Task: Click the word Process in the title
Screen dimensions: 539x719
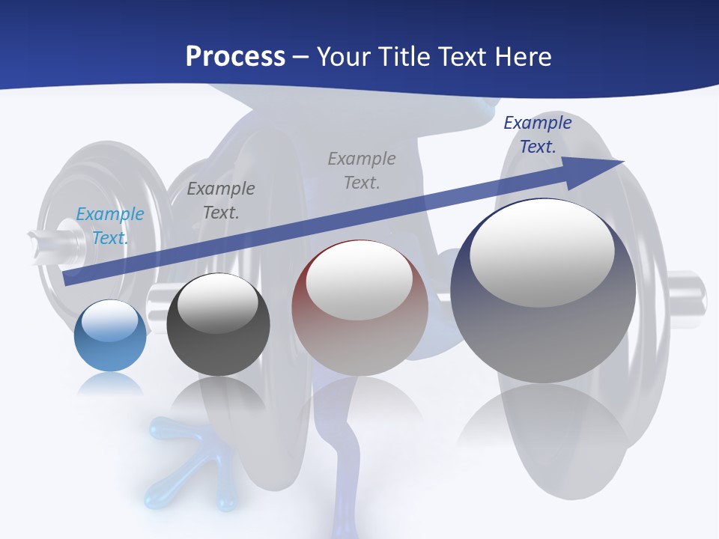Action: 235,57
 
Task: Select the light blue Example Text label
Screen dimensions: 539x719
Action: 110,225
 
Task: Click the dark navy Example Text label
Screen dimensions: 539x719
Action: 538,135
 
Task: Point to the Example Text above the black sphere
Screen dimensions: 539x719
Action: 221,200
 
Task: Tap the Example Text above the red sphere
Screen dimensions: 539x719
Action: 362,170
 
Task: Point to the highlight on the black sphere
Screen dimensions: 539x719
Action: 217,302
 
